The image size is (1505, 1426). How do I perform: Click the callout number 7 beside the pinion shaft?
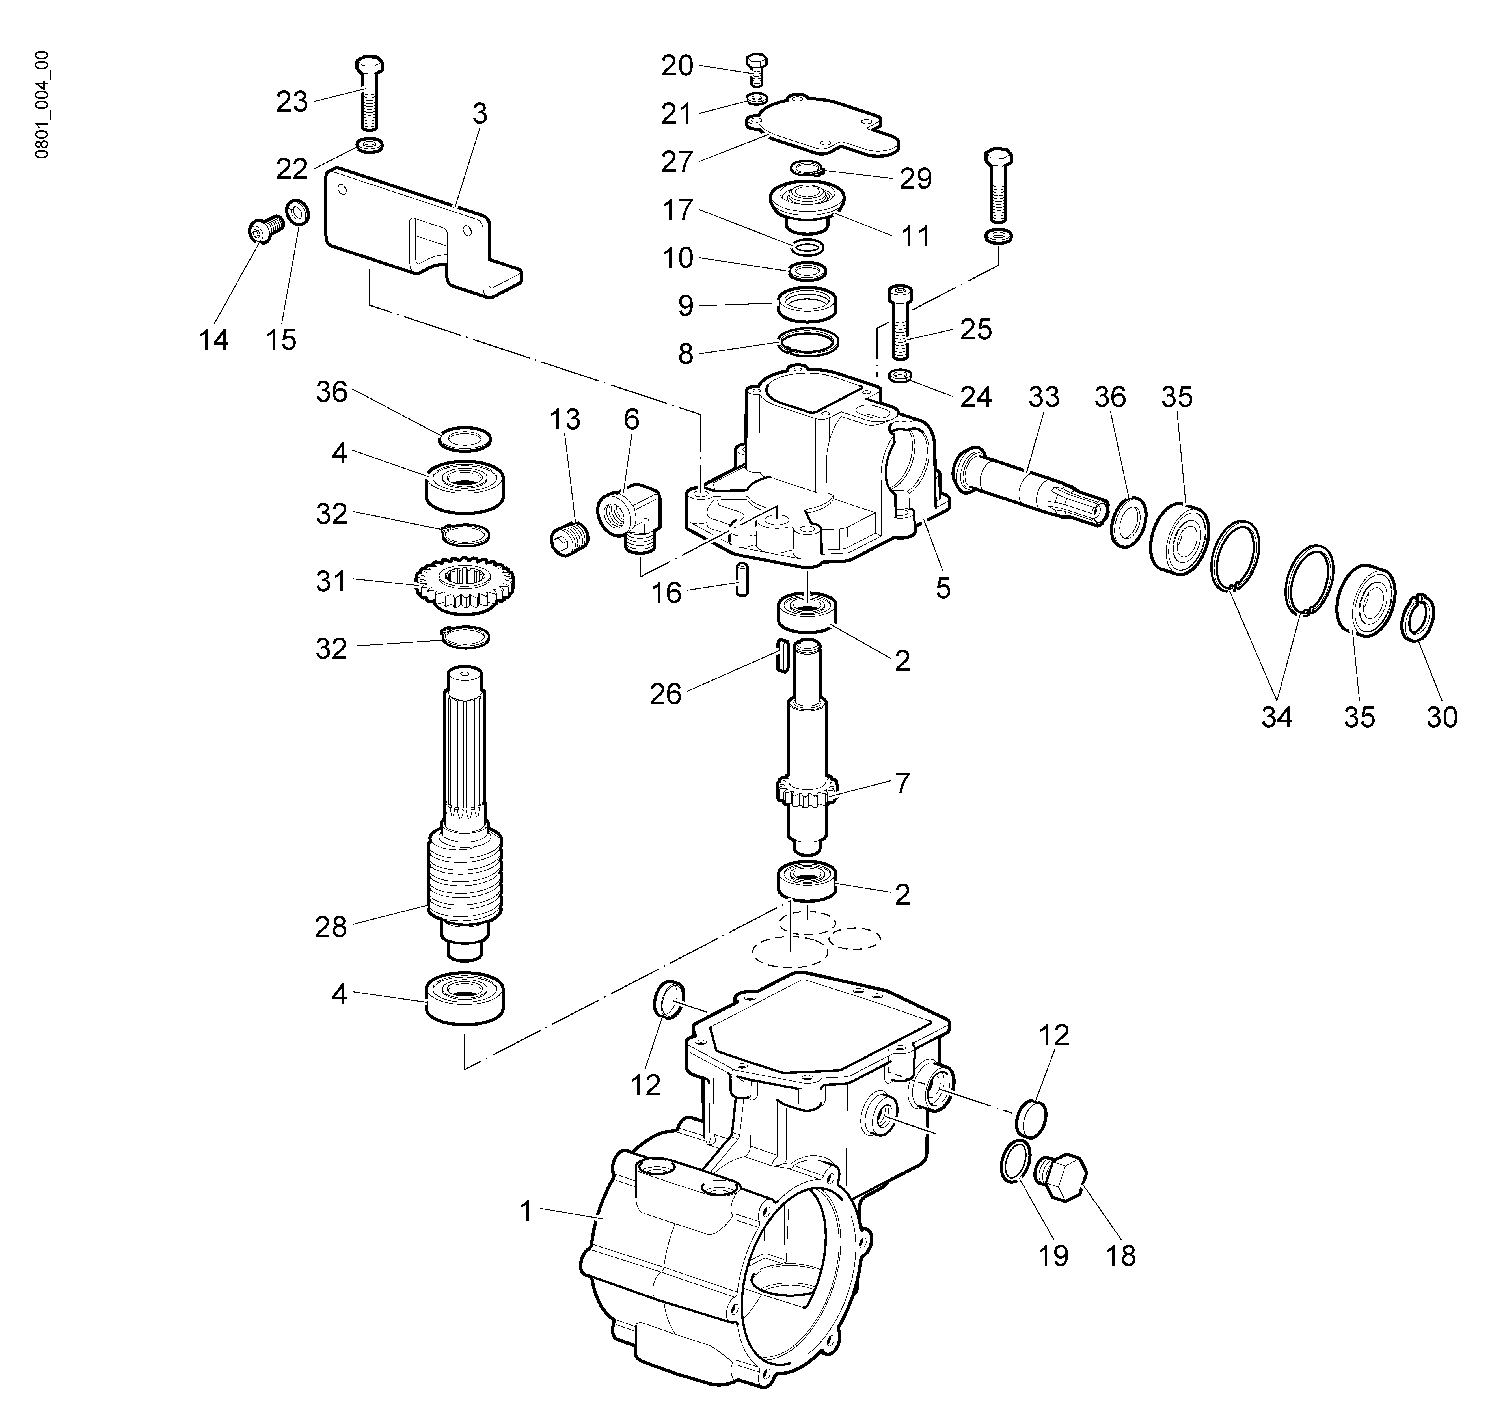(x=901, y=783)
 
